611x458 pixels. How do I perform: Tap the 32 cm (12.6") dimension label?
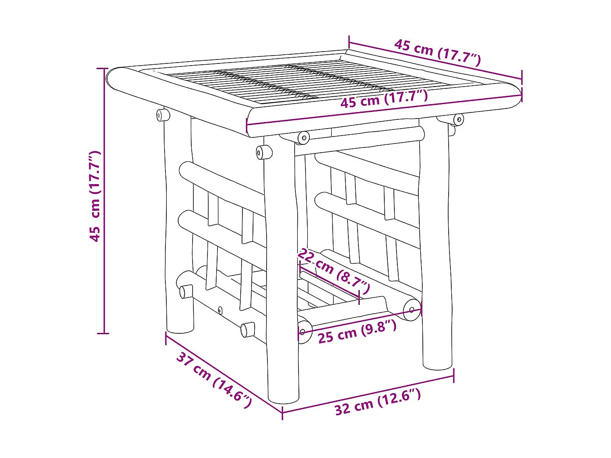point(377,402)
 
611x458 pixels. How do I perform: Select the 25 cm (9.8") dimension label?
point(357,332)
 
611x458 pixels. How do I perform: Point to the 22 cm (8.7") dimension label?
point(334,271)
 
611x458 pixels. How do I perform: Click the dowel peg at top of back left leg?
point(163,115)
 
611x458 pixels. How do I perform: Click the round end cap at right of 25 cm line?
point(411,310)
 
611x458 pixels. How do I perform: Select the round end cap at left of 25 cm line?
point(304,331)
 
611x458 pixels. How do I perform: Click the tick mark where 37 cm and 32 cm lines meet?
point(282,412)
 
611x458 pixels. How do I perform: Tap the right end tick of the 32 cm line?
point(453,375)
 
